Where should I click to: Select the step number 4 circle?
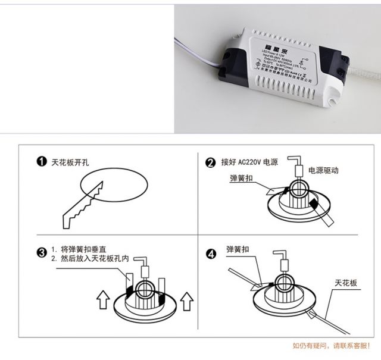tap(211, 253)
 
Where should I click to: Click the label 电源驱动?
tap(323, 170)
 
